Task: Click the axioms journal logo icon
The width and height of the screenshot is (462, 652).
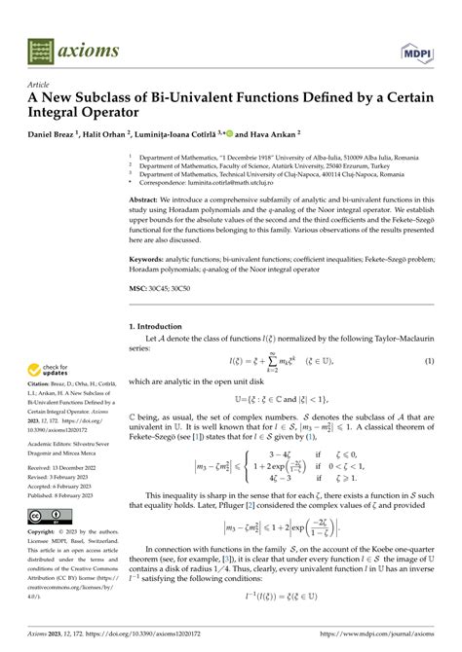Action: [x=40, y=49]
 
